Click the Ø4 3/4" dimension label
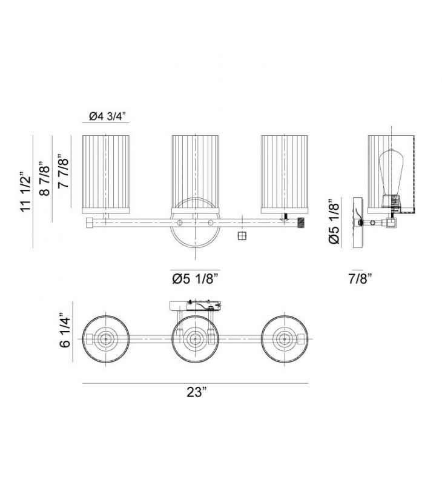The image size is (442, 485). (108, 116)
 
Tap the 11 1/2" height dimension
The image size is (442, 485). (26, 192)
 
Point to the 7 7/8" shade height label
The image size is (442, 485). (63, 172)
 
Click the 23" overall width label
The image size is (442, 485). (196, 392)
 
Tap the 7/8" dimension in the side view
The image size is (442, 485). (360, 279)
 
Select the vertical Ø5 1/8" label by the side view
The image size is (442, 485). (334, 222)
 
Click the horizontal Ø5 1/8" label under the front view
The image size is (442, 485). (196, 279)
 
